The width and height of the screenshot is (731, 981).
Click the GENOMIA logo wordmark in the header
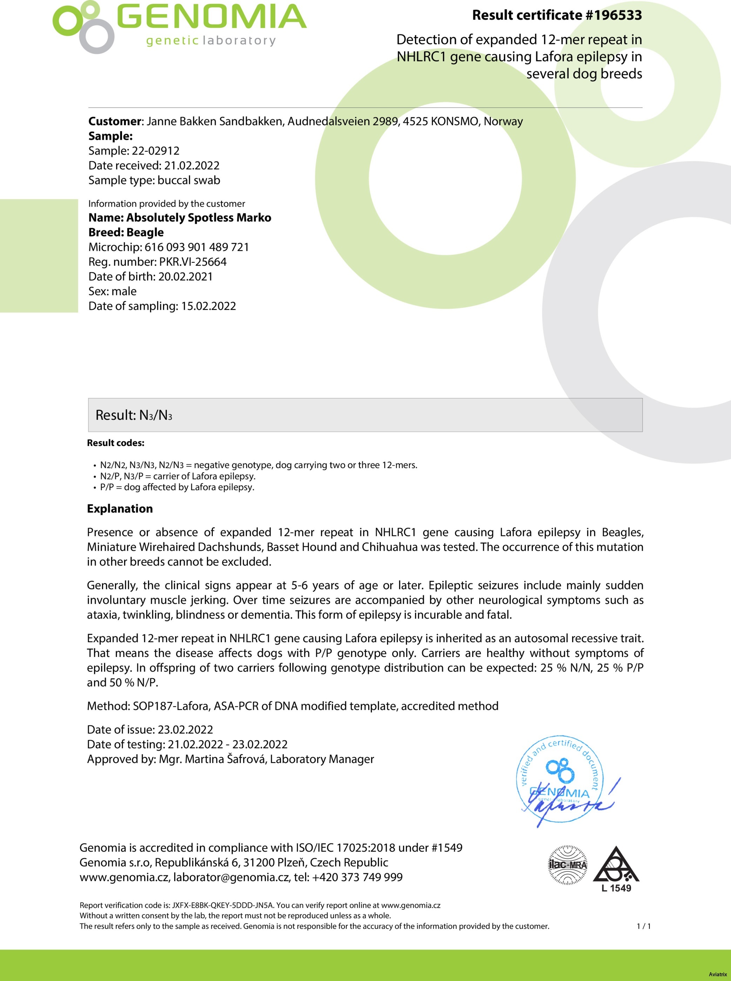tap(211, 18)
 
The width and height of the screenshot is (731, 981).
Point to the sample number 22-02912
tap(156, 151)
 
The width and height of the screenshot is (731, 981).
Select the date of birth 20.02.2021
tap(185, 277)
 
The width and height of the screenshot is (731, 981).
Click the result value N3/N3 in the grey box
tap(155, 415)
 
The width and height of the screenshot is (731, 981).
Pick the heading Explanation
tap(120, 508)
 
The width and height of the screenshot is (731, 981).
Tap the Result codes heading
tap(115, 443)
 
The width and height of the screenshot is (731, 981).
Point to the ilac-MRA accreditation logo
tap(567, 865)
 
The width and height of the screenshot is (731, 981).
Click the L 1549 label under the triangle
tap(616, 888)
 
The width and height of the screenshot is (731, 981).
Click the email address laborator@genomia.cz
tap(231, 877)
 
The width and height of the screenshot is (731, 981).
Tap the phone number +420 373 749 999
tap(357, 877)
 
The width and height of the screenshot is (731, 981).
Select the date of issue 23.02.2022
tap(185, 729)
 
